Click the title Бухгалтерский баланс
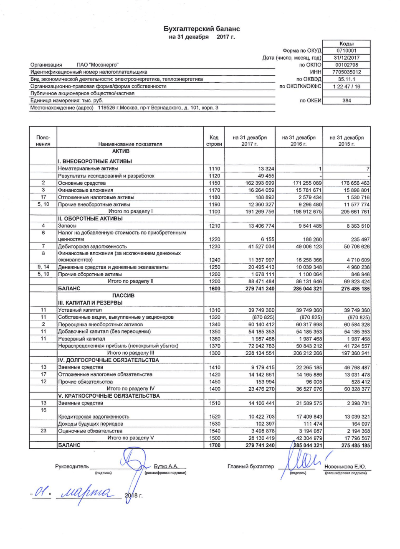coord(202,29)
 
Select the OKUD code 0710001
coord(347,51)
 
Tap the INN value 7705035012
coord(347,72)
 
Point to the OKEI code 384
coord(347,101)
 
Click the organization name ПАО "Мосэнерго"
coord(97,65)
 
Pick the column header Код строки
coord(214,141)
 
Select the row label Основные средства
coord(82,183)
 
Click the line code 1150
coord(214,183)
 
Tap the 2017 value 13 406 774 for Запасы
coord(261,226)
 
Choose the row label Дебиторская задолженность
coord(92,247)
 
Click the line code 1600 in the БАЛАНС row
coord(214,289)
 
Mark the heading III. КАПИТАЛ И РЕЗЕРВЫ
coord(90,302)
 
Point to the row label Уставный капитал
coord(80,310)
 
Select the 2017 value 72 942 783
coord(261,346)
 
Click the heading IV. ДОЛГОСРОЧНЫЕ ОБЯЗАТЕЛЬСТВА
coord(109,360)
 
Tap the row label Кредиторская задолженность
coord(94,417)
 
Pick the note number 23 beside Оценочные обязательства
coord(43,431)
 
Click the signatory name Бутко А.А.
coord(166,466)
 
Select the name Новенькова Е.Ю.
coord(345,467)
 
